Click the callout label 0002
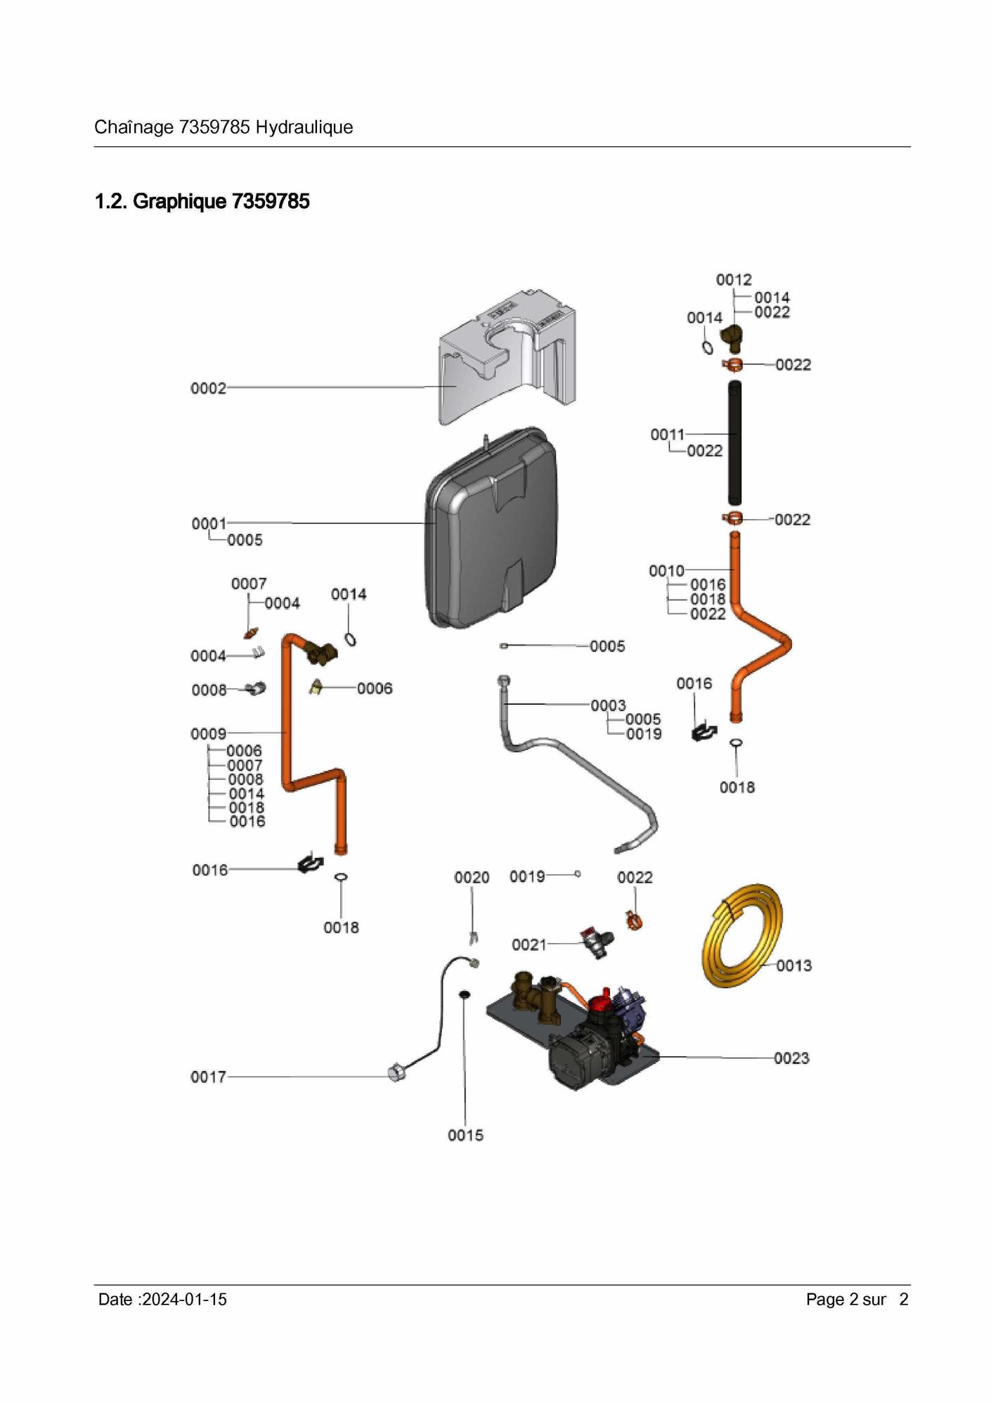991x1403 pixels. coord(209,388)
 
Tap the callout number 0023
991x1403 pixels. coord(791,1058)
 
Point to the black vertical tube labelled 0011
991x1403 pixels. coord(734,442)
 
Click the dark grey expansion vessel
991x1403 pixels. coord(492,527)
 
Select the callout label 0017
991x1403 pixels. coord(209,1077)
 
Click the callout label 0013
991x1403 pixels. coord(794,966)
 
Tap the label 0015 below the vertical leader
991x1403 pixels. coord(465,1135)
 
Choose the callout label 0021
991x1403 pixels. coord(529,944)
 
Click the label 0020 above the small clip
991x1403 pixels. coord(472,877)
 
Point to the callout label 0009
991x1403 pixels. coord(209,733)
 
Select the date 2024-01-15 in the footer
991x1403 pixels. coord(184,1299)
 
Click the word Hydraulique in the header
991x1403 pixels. coord(304,127)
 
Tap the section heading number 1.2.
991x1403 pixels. coord(112,201)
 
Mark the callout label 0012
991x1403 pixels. coord(734,280)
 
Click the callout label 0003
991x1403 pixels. coord(608,705)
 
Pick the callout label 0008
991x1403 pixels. coord(209,690)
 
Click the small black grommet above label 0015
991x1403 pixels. coord(464,994)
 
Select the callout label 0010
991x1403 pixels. coord(666,570)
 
